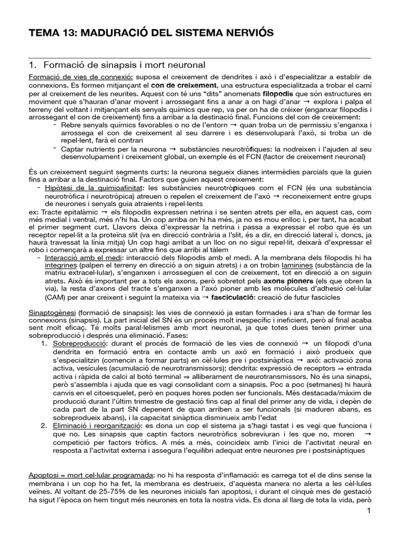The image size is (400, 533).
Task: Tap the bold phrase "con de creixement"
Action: (184, 85)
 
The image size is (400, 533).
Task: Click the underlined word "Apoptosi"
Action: (44, 475)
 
